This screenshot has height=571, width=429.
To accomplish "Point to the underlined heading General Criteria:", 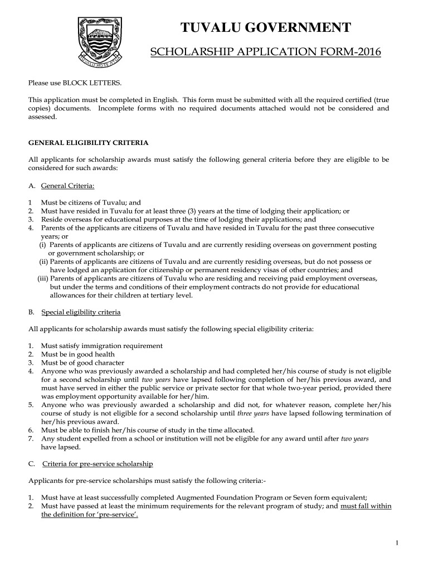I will click(x=64, y=185).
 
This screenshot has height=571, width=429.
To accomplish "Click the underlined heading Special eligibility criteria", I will click(x=81, y=312).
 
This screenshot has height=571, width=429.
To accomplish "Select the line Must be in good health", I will click(x=77, y=354).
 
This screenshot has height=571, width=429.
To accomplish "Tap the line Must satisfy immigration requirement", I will click(x=101, y=346).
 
